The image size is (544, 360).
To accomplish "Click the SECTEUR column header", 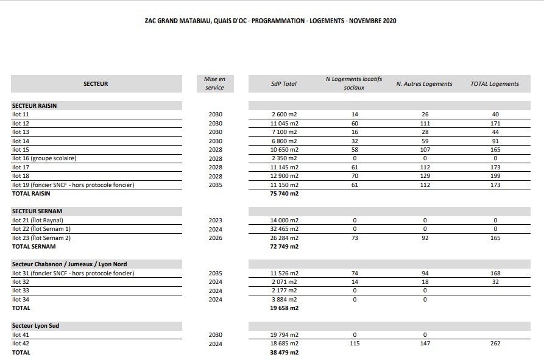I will [96, 84].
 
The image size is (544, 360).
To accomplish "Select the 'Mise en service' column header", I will [214, 83].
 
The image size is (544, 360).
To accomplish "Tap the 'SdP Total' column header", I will [284, 84].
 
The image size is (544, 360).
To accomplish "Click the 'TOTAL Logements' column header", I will [495, 84].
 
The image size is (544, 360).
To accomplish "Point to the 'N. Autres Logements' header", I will [424, 84].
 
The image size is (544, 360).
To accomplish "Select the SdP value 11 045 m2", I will [285, 123].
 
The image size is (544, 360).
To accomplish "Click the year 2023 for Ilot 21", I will [215, 221].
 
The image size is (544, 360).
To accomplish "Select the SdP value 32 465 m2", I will [285, 229].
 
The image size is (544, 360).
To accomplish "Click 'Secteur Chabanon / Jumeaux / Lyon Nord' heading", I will [69, 264].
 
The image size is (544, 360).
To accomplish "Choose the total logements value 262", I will [495, 344].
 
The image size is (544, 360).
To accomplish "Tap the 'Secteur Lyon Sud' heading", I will [35, 326].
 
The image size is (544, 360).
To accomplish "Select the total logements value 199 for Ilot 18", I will [495, 176].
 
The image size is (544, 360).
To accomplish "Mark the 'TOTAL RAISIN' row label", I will [31, 194].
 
